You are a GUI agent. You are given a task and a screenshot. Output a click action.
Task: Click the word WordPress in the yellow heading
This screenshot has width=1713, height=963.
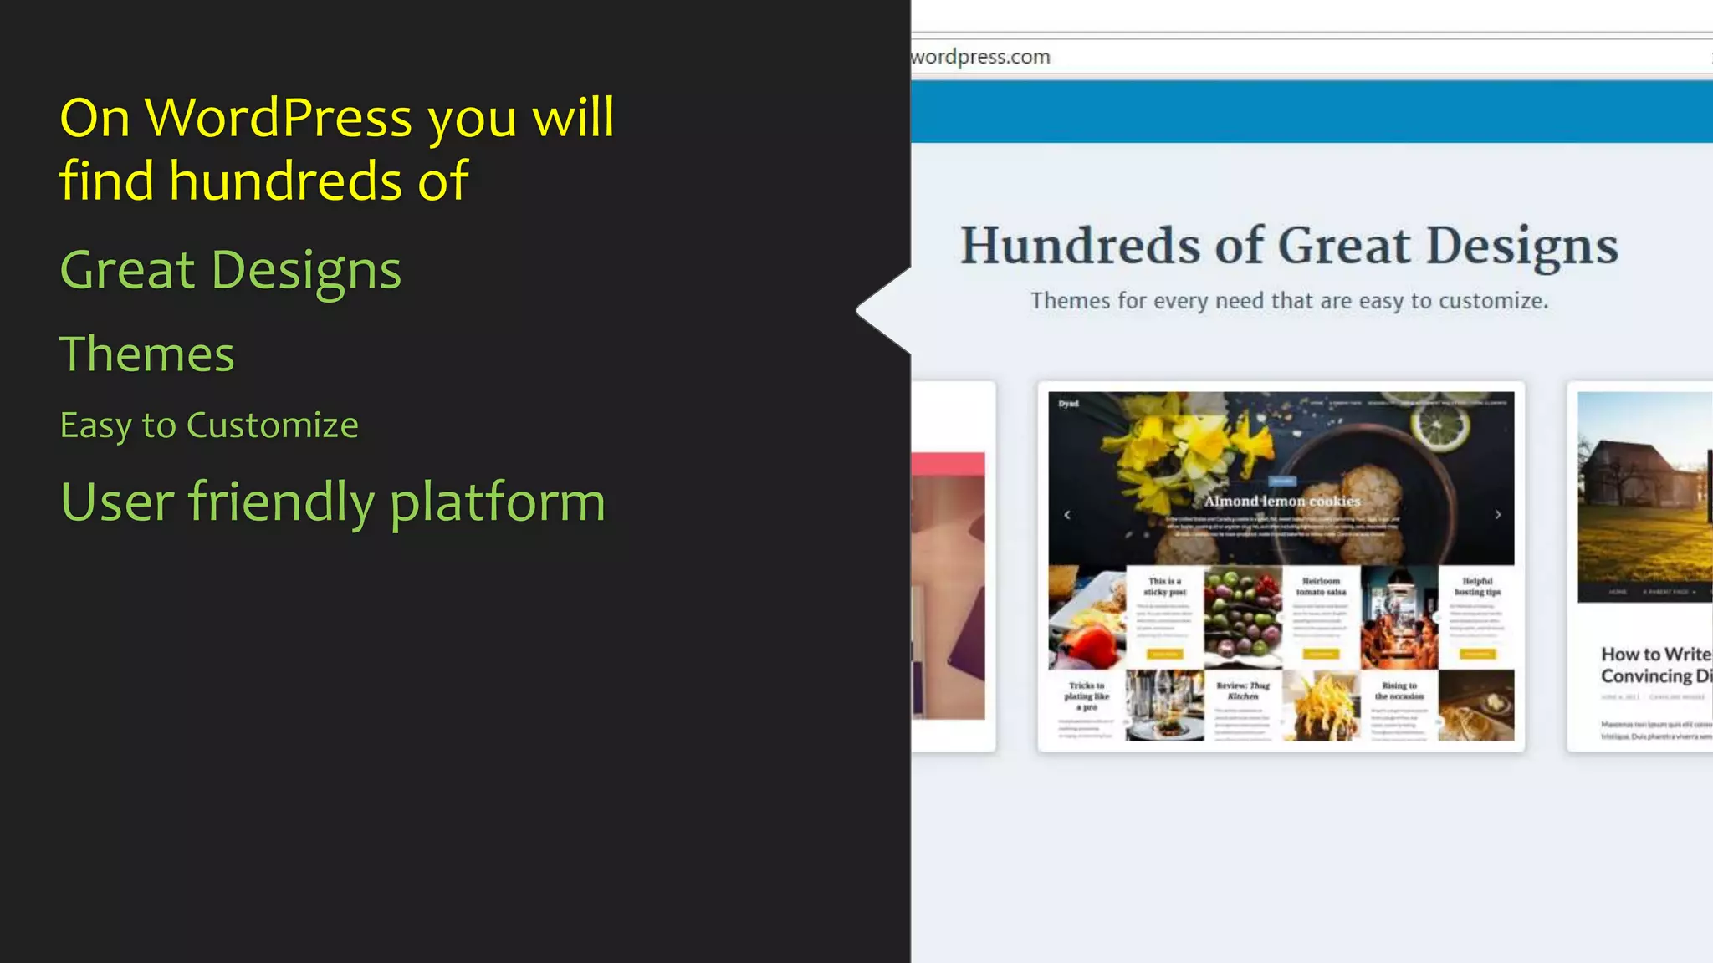click(x=279, y=118)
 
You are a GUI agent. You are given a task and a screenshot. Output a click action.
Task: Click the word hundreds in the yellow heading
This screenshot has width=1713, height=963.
click(x=284, y=181)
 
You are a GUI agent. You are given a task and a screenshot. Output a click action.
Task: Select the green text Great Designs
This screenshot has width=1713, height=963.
click(x=230, y=271)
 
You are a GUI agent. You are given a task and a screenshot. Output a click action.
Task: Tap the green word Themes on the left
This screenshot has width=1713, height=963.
click(x=146, y=354)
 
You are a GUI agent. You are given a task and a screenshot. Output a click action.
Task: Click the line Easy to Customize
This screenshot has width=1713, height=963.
click(x=209, y=425)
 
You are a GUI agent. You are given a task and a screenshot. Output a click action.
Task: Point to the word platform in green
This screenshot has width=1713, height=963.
click(x=497, y=502)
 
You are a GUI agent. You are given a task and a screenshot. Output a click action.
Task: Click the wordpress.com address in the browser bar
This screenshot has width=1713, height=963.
click(x=980, y=57)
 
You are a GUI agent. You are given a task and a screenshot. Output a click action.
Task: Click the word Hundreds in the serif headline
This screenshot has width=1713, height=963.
click(x=1080, y=246)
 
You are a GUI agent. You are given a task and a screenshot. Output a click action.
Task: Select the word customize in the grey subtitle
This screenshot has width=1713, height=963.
click(x=1492, y=301)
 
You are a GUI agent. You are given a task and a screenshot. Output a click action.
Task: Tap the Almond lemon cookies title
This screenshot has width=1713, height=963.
click(x=1281, y=501)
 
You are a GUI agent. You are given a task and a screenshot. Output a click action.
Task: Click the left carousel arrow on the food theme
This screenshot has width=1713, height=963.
click(x=1067, y=515)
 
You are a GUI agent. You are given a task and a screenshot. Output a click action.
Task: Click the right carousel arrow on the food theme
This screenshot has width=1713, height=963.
click(x=1497, y=515)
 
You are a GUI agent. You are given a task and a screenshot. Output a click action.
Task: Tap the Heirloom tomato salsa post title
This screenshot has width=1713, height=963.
click(x=1321, y=586)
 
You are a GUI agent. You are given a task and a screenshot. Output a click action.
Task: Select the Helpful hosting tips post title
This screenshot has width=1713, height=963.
click(x=1477, y=586)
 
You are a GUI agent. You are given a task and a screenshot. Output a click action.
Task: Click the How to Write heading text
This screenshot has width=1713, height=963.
click(x=1654, y=655)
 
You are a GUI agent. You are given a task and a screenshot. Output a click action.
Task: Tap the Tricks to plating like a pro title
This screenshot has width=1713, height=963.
click(x=1087, y=695)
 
